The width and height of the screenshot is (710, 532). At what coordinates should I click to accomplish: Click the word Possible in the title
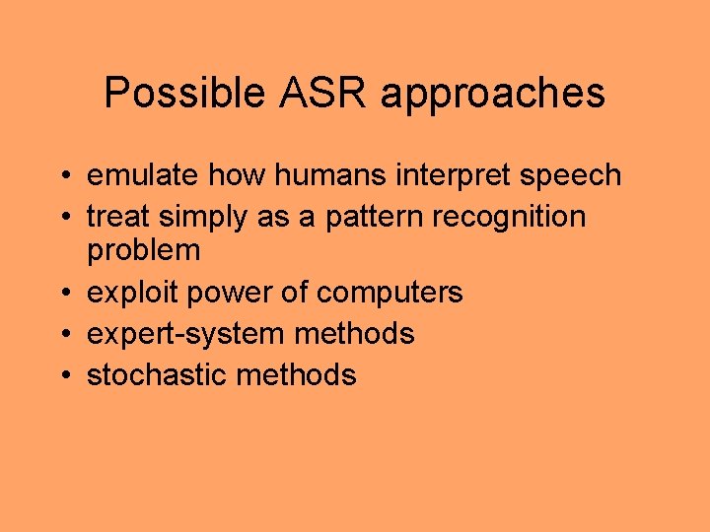click(172, 95)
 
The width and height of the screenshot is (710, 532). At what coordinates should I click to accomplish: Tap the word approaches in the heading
click(492, 95)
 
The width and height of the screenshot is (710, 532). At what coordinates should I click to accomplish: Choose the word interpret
click(456, 176)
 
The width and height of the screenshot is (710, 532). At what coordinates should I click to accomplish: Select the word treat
click(112, 217)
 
